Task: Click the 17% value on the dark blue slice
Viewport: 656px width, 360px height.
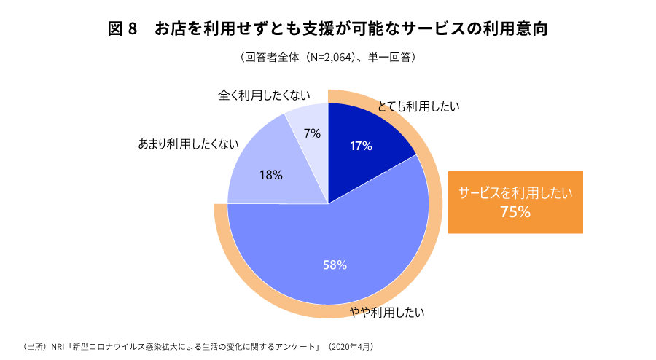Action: (x=361, y=146)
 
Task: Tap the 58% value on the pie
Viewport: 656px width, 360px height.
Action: (x=335, y=265)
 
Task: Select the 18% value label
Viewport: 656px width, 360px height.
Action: (x=270, y=175)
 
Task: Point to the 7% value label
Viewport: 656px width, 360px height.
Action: (x=313, y=133)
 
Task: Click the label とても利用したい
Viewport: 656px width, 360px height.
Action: (x=418, y=106)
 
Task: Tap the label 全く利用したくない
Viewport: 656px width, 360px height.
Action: (x=265, y=95)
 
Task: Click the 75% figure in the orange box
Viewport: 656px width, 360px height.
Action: (x=515, y=212)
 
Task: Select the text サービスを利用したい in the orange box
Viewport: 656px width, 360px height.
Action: (x=515, y=193)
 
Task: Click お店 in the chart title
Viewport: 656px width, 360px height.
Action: (x=171, y=30)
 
